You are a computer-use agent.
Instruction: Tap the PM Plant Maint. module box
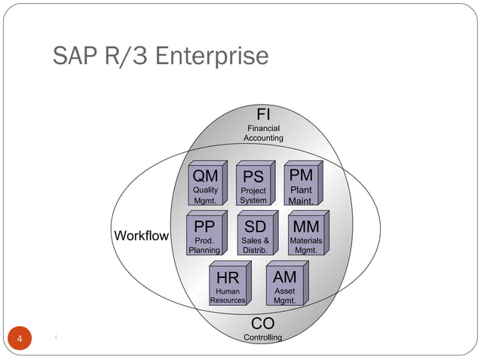click(x=301, y=185)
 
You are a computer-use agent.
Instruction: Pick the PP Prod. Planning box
click(x=204, y=236)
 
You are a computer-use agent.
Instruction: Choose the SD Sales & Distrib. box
click(x=255, y=236)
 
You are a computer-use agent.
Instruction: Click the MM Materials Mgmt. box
click(x=305, y=236)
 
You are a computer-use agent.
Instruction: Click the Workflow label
click(x=141, y=236)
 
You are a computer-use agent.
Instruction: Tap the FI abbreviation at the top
click(x=264, y=115)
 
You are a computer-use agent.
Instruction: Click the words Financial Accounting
click(x=263, y=133)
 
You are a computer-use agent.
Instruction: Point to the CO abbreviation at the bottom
click(x=262, y=323)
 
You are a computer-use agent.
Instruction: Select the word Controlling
click(x=262, y=337)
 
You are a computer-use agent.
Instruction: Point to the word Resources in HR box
click(x=228, y=300)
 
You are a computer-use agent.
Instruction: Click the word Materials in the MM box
click(x=305, y=241)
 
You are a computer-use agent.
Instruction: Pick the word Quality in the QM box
click(x=205, y=191)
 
